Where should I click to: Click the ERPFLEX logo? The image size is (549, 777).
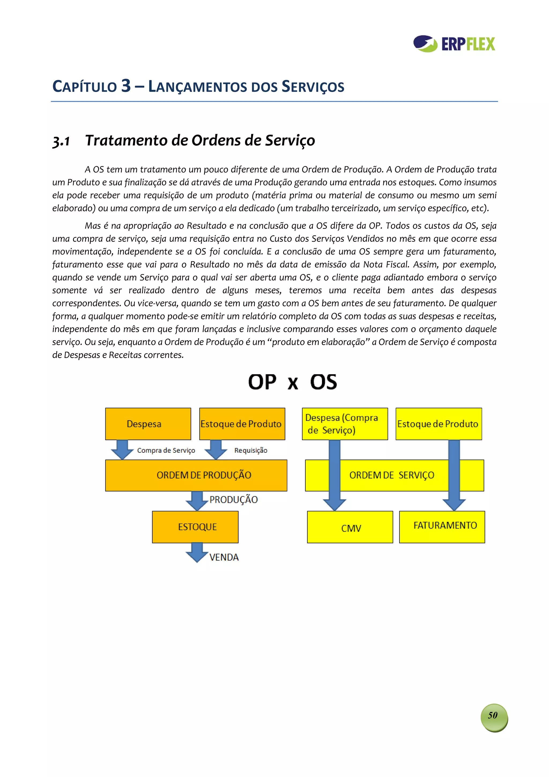pyautogui.click(x=454, y=44)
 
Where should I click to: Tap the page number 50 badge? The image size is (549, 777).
pyautogui.click(x=494, y=715)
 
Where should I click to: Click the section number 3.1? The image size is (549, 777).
pyautogui.click(x=61, y=141)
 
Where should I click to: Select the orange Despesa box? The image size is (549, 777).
pyautogui.click(x=148, y=424)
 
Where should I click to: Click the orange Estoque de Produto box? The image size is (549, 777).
pyautogui.click(x=242, y=424)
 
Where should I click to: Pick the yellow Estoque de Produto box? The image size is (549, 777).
pyautogui.click(x=438, y=424)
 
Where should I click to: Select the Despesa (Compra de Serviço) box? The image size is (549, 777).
pyautogui.click(x=344, y=424)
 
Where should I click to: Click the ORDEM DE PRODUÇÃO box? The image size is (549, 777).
pyautogui.click(x=196, y=475)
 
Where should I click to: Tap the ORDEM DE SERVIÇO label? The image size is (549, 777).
pyautogui.click(x=391, y=475)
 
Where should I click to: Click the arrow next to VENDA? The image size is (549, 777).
pyautogui.click(x=197, y=552)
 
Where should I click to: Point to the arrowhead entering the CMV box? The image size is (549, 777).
pyautogui.click(x=335, y=504)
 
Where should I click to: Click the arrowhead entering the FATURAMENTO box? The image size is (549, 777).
pyautogui.click(x=454, y=504)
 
